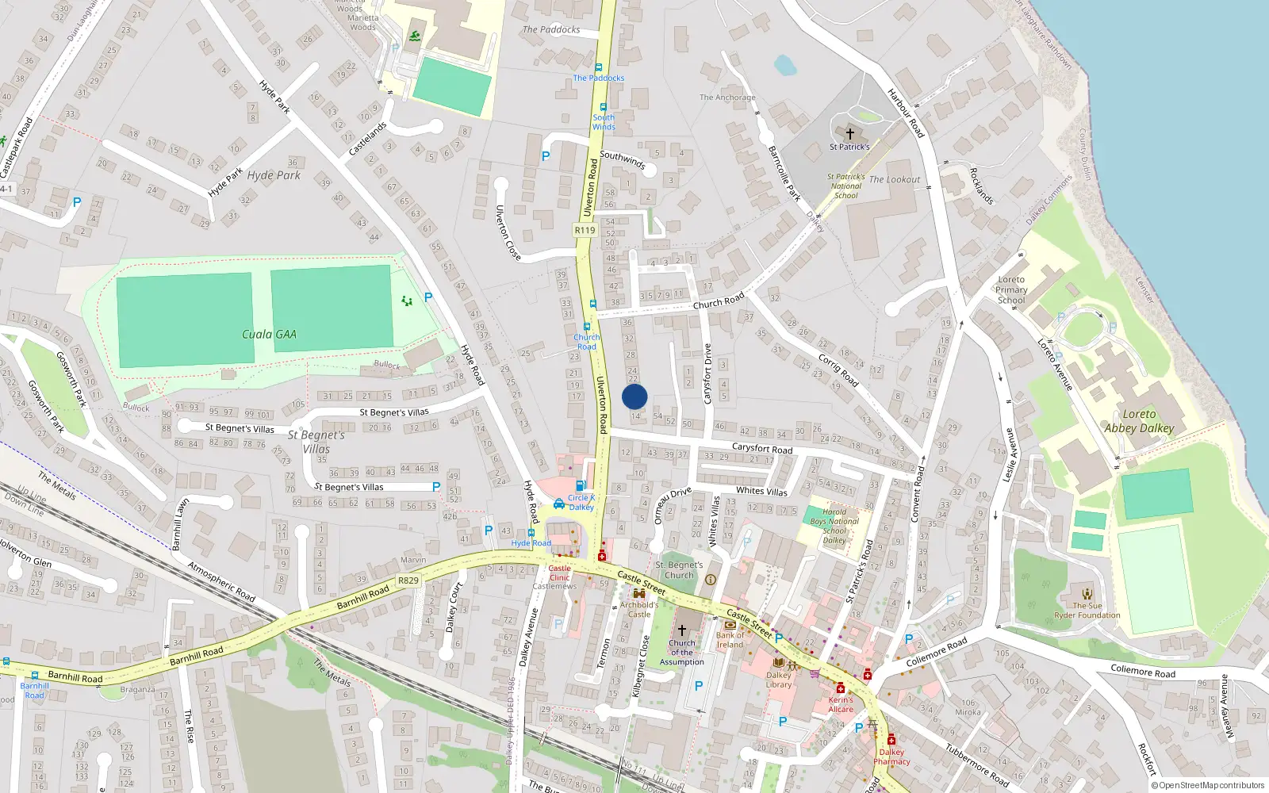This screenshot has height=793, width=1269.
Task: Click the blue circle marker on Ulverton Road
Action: point(634,396)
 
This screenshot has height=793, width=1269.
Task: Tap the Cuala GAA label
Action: point(269,335)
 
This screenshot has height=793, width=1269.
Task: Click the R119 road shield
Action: point(585,230)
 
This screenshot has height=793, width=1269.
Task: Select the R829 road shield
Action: point(408,580)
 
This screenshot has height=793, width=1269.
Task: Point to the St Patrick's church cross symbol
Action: point(849,134)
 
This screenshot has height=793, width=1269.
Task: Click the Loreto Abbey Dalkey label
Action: point(1139,421)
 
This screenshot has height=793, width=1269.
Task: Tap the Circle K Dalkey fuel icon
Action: point(581,486)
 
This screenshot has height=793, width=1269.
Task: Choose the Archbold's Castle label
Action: point(638,609)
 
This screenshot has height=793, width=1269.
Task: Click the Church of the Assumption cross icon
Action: point(681,630)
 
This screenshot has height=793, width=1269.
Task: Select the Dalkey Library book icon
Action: point(778,663)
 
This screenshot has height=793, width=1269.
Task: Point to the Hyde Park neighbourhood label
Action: point(274,175)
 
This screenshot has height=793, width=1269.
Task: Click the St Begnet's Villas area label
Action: point(316,442)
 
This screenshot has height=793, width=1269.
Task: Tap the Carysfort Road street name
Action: point(761,449)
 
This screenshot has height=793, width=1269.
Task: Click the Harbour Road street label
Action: point(906,113)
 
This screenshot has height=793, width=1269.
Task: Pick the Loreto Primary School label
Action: point(1011,290)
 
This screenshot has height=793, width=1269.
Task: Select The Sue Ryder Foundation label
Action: point(1087,610)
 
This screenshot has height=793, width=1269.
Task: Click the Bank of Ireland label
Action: point(730,640)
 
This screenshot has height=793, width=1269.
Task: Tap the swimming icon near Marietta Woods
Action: point(415,36)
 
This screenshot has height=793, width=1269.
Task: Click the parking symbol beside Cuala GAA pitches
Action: point(428,297)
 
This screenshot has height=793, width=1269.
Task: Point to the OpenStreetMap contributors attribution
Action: point(1208,785)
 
